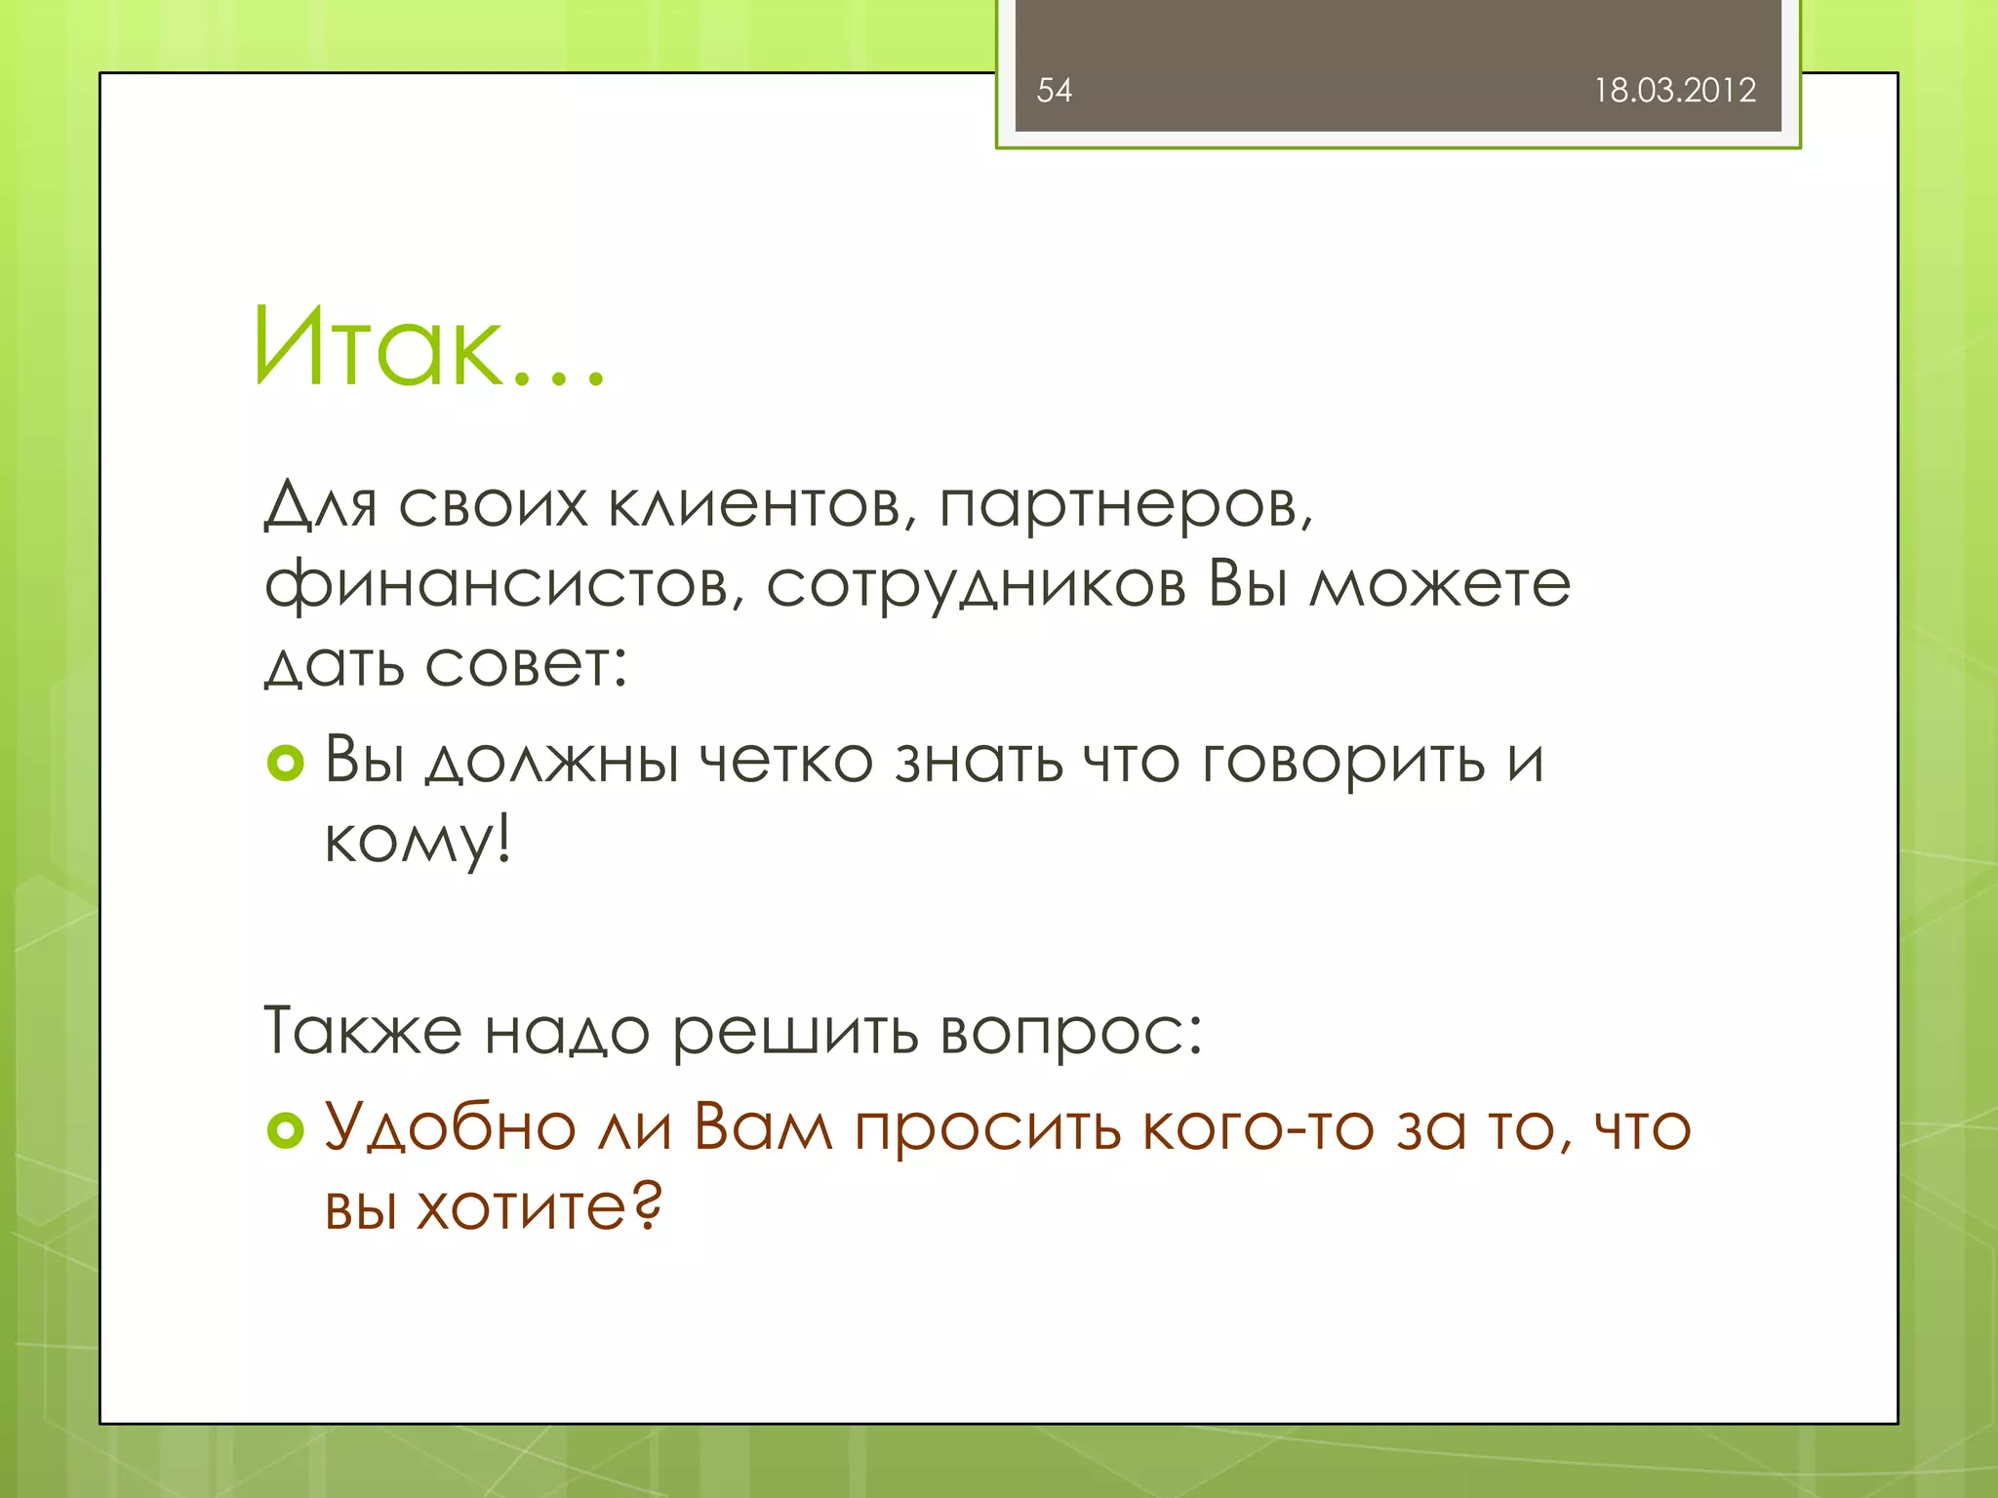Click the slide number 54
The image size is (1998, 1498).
pos(1054,91)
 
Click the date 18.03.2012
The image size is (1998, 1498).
pos(1674,91)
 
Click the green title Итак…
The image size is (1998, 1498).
pos(429,348)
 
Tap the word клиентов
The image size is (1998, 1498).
pos(761,506)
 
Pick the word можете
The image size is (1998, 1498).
pos(1440,585)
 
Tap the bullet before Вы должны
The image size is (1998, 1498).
pos(286,763)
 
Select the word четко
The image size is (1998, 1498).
pos(786,761)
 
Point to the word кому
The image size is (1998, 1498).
pos(416,841)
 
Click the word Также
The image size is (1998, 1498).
pos(363,1031)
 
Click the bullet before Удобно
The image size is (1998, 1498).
pos(286,1130)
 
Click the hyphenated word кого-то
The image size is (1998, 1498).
pos(1259,1128)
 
